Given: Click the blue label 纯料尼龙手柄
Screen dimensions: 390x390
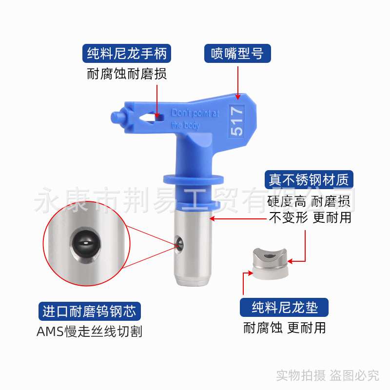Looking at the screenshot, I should [x=127, y=53].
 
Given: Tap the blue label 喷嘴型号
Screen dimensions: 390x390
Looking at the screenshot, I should [x=237, y=53].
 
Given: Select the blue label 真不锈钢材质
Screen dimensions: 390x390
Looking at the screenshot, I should [x=309, y=180].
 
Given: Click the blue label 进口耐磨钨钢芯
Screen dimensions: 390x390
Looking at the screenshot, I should [x=89, y=311].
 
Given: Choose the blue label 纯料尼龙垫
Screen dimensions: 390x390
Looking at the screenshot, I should [x=285, y=307].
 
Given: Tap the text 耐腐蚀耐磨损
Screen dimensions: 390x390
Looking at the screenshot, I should [x=127, y=75].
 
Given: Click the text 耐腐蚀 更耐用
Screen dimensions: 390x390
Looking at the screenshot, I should [x=285, y=328].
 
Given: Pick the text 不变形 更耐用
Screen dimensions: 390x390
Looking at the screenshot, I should [x=310, y=217].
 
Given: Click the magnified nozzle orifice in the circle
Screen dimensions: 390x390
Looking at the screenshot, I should [x=85, y=243].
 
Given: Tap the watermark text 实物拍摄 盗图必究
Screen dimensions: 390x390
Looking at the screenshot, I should [x=328, y=375].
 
